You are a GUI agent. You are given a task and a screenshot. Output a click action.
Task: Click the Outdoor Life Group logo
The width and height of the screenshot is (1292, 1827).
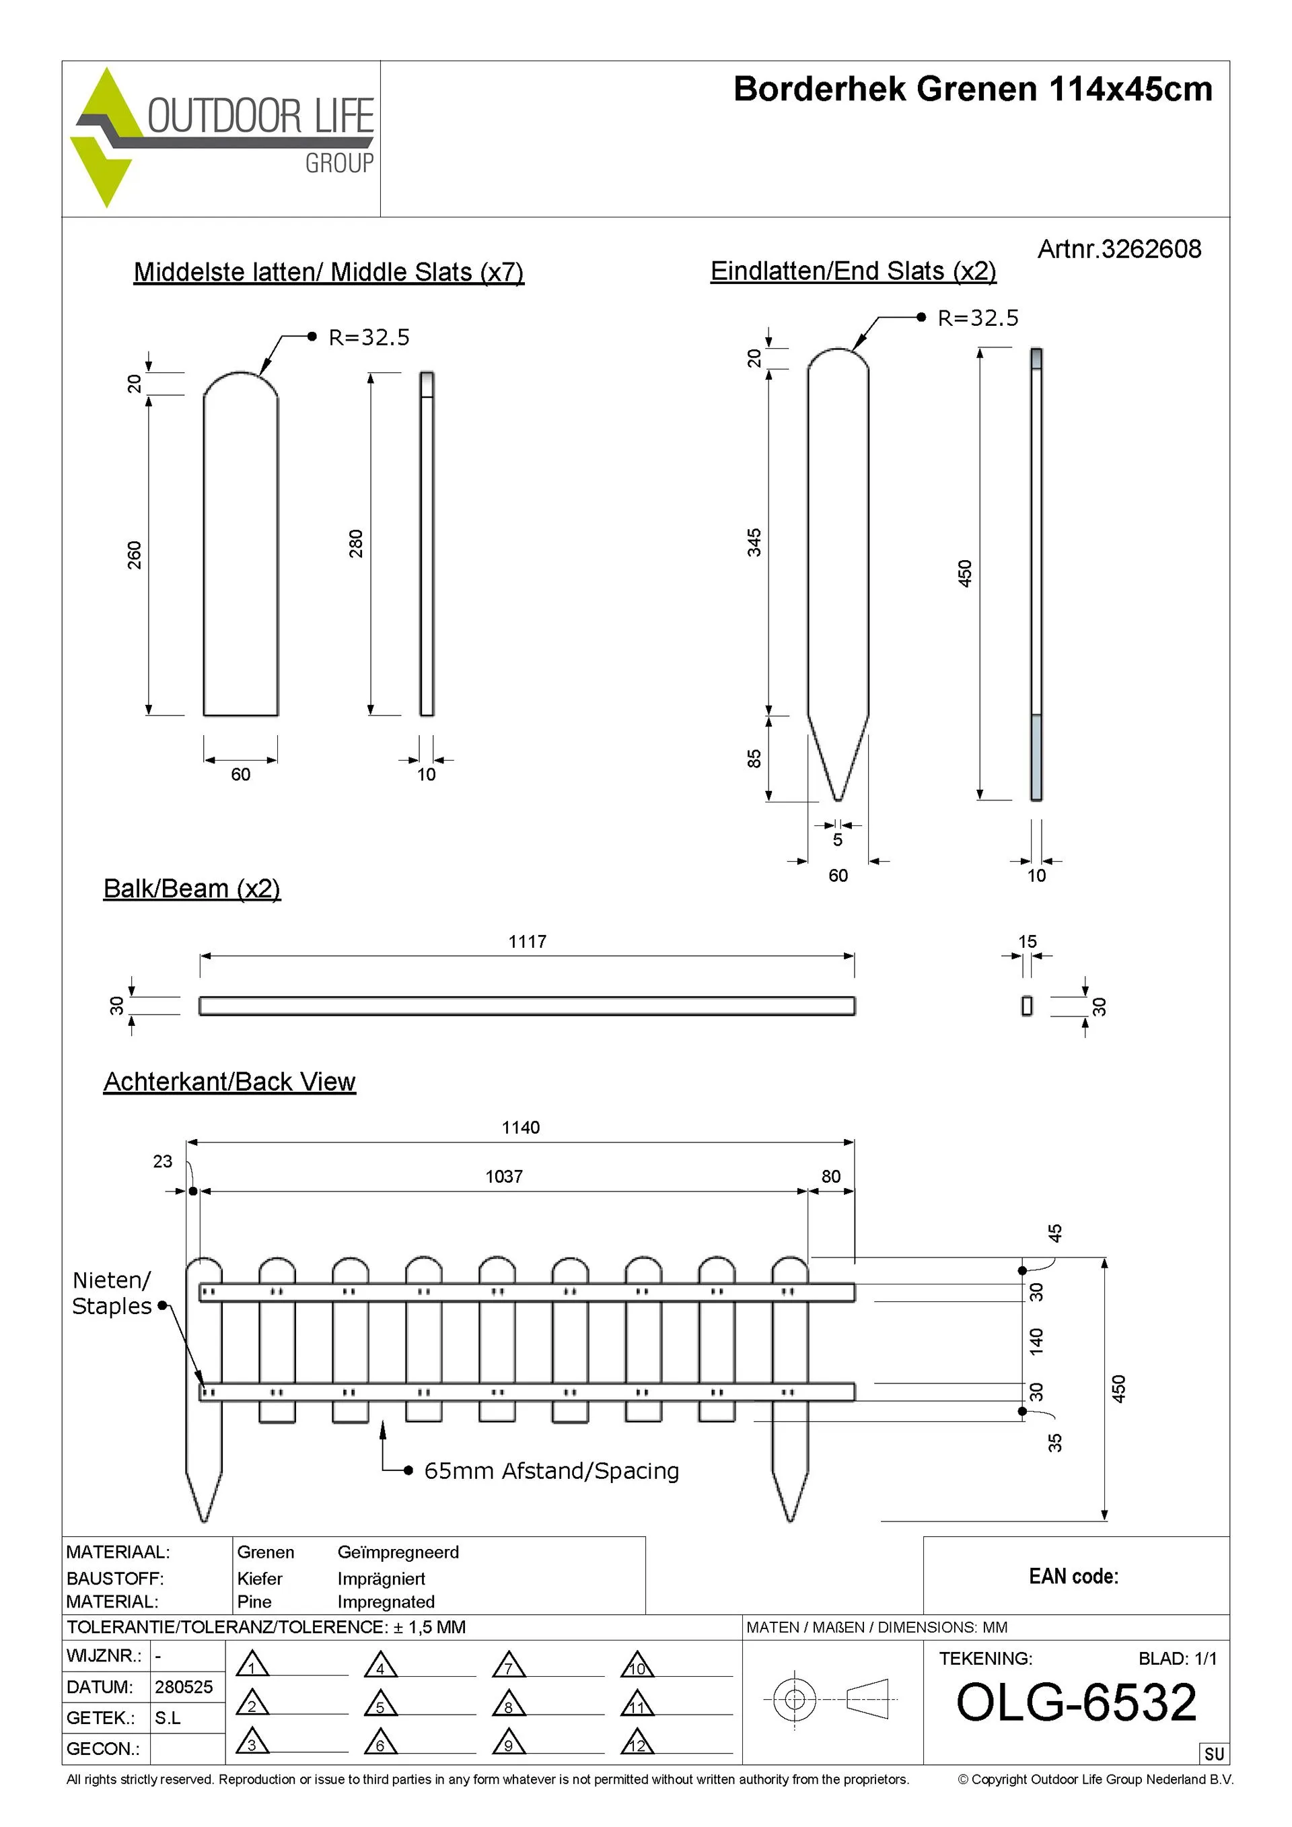point(222,137)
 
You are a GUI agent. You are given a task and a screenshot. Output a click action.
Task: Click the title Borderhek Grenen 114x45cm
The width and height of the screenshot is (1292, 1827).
point(972,89)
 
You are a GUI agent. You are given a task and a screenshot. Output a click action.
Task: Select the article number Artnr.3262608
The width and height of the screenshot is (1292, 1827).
point(1118,249)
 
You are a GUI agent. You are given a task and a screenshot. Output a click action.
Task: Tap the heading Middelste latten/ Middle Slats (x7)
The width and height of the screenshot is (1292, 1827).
point(328,272)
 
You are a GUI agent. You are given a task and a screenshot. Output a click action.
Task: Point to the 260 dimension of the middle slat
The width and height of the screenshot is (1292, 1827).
point(135,555)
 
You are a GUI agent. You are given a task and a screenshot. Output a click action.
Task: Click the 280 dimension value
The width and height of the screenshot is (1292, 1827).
point(355,543)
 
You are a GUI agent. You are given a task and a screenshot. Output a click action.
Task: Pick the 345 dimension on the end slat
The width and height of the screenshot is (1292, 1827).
point(754,542)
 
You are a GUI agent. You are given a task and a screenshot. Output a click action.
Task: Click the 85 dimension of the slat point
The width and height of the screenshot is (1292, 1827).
point(754,758)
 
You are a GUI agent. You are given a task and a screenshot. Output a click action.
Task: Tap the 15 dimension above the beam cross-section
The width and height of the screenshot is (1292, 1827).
point(1027,941)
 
